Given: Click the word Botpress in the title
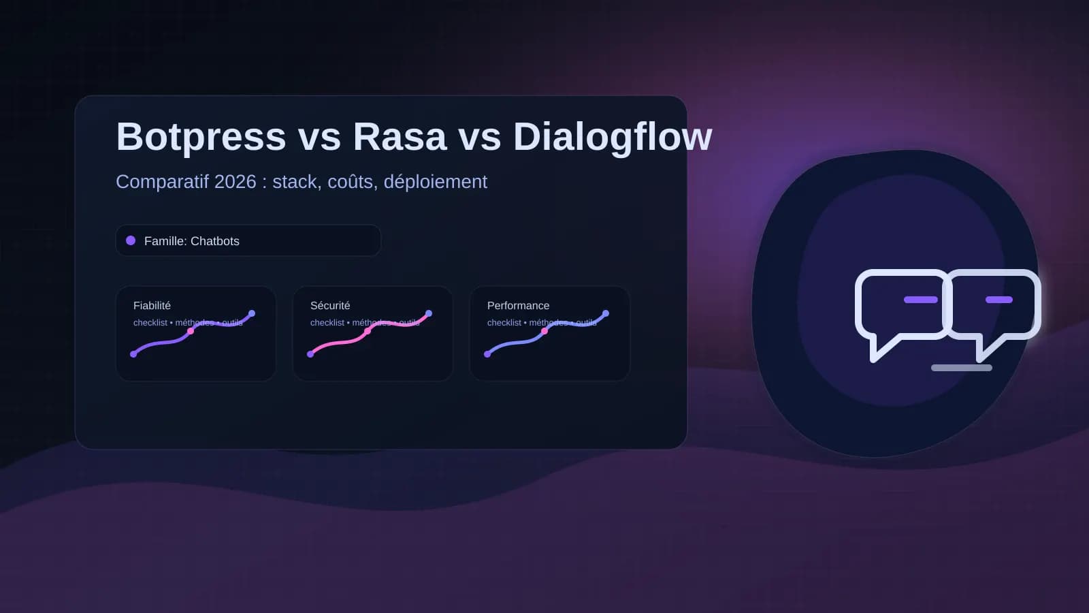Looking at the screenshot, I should (x=201, y=137).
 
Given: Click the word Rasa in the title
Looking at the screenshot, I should (x=400, y=137).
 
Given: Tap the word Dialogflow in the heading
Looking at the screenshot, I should (x=612, y=137).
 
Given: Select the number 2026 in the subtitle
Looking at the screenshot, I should (x=235, y=182).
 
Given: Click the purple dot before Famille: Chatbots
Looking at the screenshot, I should (x=131, y=240).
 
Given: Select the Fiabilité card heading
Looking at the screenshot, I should (x=152, y=306).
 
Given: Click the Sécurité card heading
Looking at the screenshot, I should (x=329, y=306).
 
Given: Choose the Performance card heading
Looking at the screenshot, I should (x=518, y=306).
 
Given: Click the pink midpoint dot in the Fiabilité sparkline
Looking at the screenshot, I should (x=191, y=331).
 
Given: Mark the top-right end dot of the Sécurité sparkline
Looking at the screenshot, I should (x=429, y=313).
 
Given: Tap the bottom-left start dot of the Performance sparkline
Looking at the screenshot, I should (x=487, y=354).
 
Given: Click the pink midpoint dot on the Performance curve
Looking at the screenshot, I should (x=544, y=331).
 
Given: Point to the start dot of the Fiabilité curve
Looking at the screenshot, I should (x=133, y=354).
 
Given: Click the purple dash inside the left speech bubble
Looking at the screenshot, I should (x=920, y=300).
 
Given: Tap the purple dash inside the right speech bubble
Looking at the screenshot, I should (x=998, y=300).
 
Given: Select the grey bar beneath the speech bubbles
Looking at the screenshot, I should (x=961, y=368).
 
